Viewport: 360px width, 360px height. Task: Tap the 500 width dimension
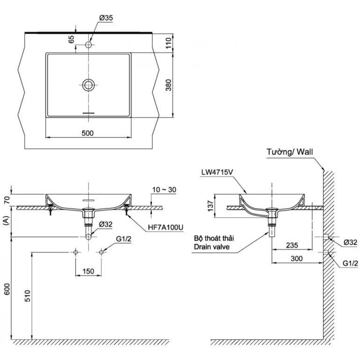click(88, 133)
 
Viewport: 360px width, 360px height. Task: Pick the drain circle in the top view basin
click(89, 85)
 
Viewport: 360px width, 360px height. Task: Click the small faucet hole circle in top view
click(89, 45)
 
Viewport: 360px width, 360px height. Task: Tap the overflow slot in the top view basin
click(89, 113)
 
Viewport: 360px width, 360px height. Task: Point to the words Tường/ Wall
click(290, 152)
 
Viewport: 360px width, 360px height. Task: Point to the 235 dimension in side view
click(292, 245)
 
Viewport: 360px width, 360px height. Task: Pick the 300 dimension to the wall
click(297, 259)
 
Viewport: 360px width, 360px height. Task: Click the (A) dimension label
click(6, 221)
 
